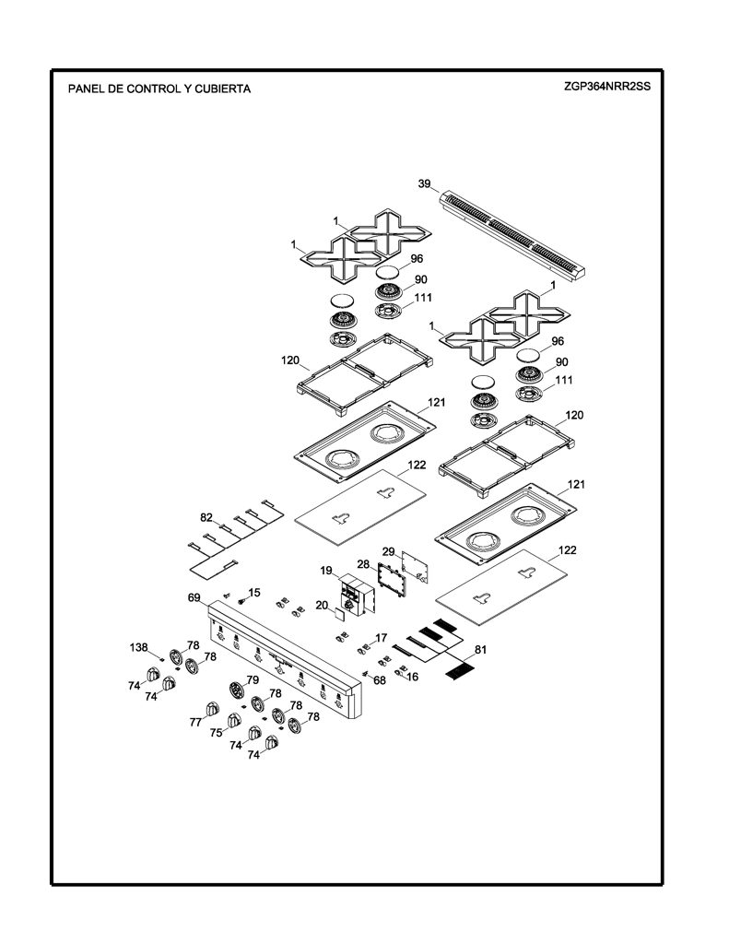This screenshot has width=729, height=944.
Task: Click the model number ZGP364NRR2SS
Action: pyautogui.click(x=606, y=86)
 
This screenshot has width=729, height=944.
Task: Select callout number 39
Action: pyautogui.click(x=424, y=183)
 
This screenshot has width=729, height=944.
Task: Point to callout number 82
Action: pyautogui.click(x=206, y=517)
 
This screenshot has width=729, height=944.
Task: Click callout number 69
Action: pyautogui.click(x=194, y=597)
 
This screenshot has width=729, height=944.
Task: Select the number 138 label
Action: pyautogui.click(x=138, y=647)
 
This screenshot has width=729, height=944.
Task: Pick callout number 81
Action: pyautogui.click(x=480, y=649)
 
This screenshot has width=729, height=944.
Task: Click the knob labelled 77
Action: pyautogui.click(x=212, y=709)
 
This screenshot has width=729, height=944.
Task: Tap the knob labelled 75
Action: pyautogui.click(x=233, y=720)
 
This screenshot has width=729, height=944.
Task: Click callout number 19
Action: pyautogui.click(x=326, y=571)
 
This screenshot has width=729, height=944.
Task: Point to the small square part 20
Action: pyautogui.click(x=339, y=614)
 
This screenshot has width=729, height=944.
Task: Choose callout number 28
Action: pyautogui.click(x=363, y=564)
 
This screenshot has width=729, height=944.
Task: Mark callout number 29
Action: pyautogui.click(x=388, y=551)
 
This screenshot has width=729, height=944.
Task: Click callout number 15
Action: pyautogui.click(x=254, y=593)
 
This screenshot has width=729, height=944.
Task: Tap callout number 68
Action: pyautogui.click(x=380, y=680)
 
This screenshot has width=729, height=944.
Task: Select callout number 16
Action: pyautogui.click(x=412, y=677)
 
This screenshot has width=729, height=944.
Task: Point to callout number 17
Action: pyautogui.click(x=381, y=638)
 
